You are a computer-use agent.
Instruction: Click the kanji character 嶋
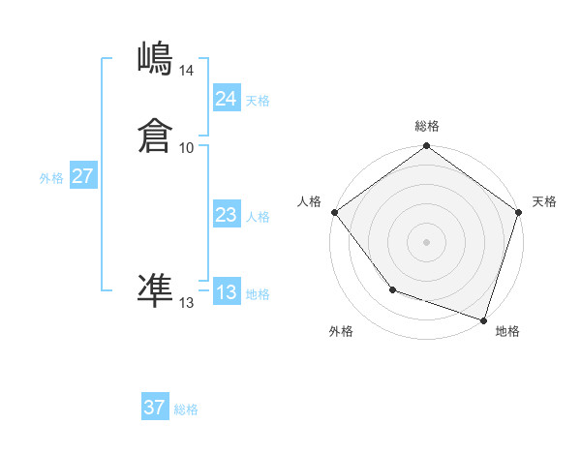tap(155, 59)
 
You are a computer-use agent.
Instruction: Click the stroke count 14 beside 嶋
tap(186, 71)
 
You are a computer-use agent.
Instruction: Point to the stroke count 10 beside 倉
tap(186, 148)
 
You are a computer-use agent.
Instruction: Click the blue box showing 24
tap(226, 99)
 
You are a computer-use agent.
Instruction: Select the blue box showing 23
tap(226, 215)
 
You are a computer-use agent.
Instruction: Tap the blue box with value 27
tap(82, 176)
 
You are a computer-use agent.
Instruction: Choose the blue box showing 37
tap(154, 408)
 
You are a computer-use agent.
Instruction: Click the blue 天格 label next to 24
tap(258, 101)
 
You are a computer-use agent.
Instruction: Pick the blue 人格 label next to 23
tap(258, 217)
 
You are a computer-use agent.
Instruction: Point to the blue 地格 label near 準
tap(258, 294)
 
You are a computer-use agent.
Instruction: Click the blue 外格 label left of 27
tap(51, 178)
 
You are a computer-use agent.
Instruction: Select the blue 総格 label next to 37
tap(186, 409)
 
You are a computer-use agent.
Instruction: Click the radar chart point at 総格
tap(426, 147)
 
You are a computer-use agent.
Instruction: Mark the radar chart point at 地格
tap(483, 318)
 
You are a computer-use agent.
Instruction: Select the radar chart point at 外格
tap(392, 288)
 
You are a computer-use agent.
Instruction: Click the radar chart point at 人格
tap(334, 212)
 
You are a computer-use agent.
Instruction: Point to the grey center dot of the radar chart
tap(426, 241)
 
